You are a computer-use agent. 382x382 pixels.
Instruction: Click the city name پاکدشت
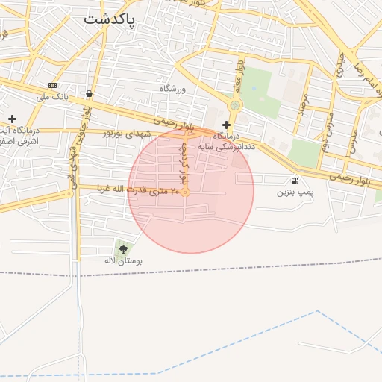[x=110, y=19]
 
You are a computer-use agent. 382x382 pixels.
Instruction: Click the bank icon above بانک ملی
[x=52, y=85]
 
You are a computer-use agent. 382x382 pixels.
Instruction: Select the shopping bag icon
[x=90, y=94]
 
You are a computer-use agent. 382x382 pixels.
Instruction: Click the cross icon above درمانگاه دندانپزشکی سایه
[x=226, y=125]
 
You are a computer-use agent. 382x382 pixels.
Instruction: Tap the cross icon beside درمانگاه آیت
[x=12, y=119]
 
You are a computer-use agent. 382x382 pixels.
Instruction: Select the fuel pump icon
[x=295, y=180]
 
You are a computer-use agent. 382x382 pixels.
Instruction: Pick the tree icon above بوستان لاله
[x=122, y=249]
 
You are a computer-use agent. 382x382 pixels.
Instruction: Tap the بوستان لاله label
[x=123, y=261]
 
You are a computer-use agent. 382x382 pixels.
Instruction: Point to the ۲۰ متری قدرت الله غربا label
[x=135, y=191]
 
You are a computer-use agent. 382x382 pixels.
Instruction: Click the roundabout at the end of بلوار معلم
[x=235, y=105]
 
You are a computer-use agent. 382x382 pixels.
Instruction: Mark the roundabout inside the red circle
[x=185, y=193]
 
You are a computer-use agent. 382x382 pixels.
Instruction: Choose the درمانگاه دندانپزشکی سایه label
[x=226, y=142]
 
